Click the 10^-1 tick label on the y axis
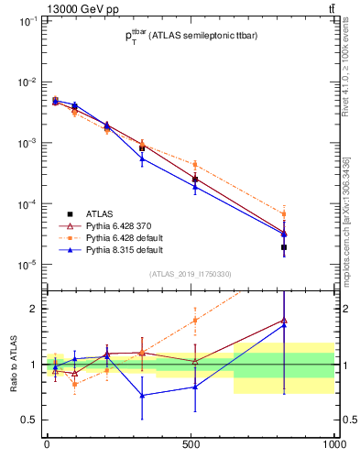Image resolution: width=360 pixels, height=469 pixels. click(x=27, y=20)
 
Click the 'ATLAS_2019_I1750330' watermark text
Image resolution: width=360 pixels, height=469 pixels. click(x=191, y=273)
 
